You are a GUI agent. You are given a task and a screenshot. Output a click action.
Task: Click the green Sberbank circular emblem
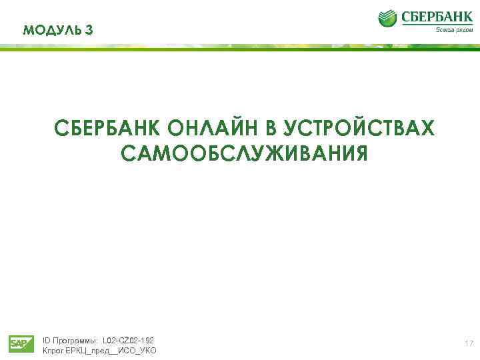pyautogui.click(x=387, y=18)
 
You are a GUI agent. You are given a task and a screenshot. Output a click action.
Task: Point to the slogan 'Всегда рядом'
pyautogui.click(x=454, y=30)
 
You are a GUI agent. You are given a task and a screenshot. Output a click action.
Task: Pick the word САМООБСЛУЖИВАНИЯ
pyautogui.click(x=244, y=154)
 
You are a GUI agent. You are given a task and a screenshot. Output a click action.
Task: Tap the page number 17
pyautogui.click(x=469, y=343)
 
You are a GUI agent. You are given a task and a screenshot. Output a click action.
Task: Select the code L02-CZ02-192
pyautogui.click(x=128, y=340)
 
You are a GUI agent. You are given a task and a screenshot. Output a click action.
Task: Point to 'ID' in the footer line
pyautogui.click(x=47, y=340)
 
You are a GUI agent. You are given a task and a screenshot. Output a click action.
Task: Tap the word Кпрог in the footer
pyautogui.click(x=53, y=351)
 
